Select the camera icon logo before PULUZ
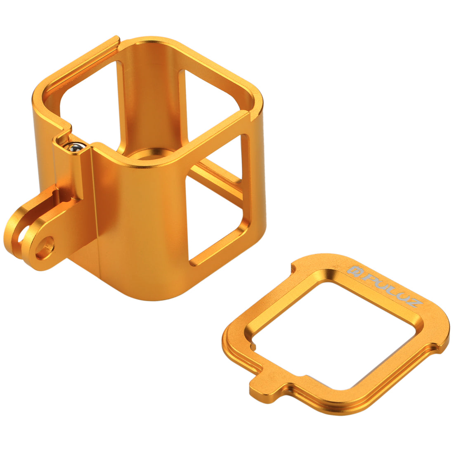click(353, 270)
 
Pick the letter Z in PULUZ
click(414, 304)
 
